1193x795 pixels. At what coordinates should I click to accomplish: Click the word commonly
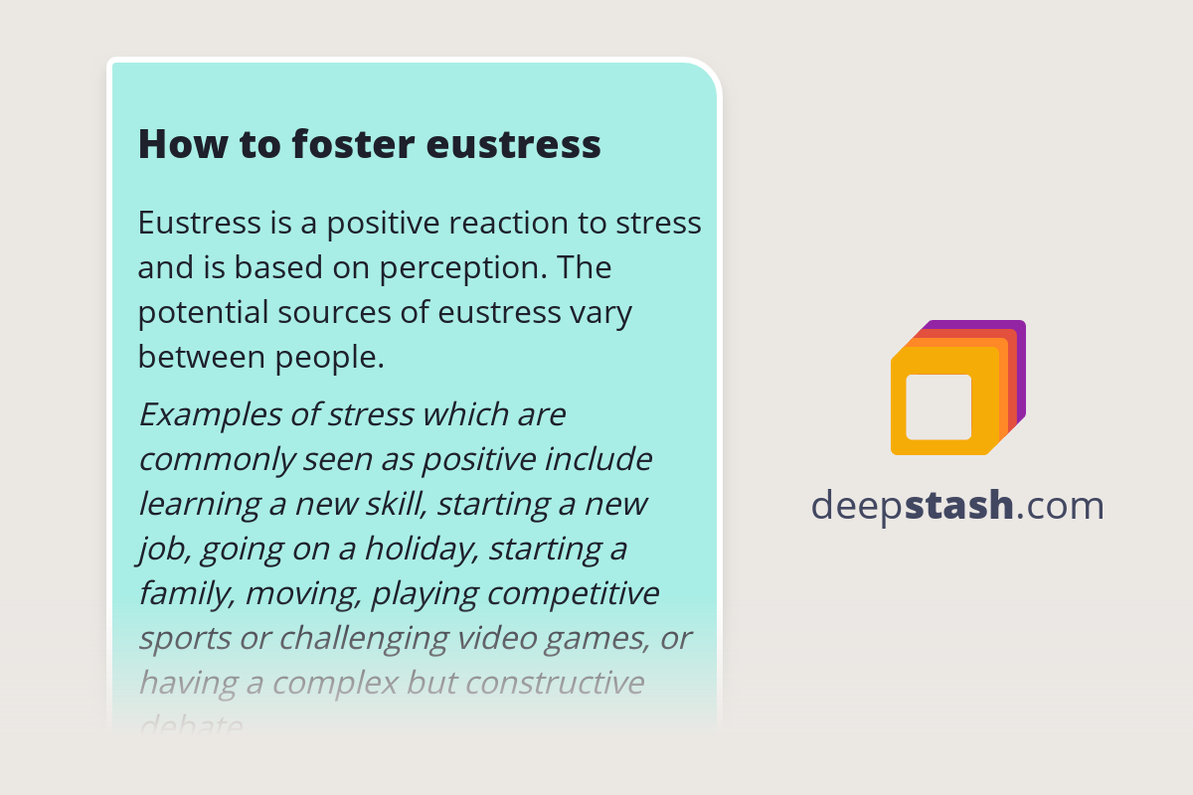click(x=216, y=459)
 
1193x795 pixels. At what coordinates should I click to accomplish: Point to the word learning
click(x=201, y=504)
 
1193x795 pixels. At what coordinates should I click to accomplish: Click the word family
click(x=186, y=593)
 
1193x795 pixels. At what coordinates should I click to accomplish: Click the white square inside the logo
click(x=938, y=406)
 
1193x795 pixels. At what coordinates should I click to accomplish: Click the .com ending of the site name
click(x=1061, y=506)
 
